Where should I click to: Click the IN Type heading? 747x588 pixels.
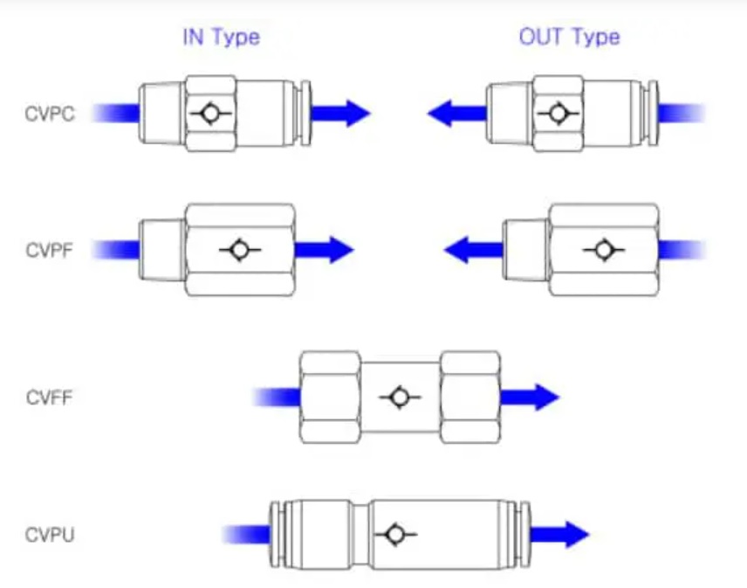tap(222, 38)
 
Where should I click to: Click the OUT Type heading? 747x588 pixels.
tap(570, 38)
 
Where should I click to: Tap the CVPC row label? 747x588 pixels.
tap(50, 114)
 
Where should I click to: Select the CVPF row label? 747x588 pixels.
tap(50, 250)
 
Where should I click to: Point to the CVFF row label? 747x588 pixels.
tap(50, 398)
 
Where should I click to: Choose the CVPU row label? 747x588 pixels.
tap(50, 535)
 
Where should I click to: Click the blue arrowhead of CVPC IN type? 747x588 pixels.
tap(358, 114)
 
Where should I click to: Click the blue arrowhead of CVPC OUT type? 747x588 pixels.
tap(440, 114)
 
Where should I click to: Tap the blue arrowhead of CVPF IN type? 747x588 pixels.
tap(341, 249)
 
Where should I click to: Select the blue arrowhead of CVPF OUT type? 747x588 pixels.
tap(456, 249)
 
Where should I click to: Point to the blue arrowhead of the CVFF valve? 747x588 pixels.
tap(547, 397)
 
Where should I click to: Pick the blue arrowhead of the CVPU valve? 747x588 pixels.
tap(578, 535)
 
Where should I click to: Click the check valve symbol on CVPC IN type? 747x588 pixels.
tap(210, 114)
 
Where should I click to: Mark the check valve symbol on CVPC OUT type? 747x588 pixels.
tap(558, 114)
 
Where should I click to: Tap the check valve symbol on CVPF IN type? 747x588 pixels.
tap(240, 249)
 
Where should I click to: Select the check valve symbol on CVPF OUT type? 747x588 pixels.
tap(604, 249)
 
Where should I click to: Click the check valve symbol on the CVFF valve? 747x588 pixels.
tap(400, 397)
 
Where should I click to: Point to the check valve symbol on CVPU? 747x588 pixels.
tap(395, 534)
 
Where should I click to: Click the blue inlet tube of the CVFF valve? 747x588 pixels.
tap(277, 398)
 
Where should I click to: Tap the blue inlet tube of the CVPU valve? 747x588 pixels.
tap(246, 535)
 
